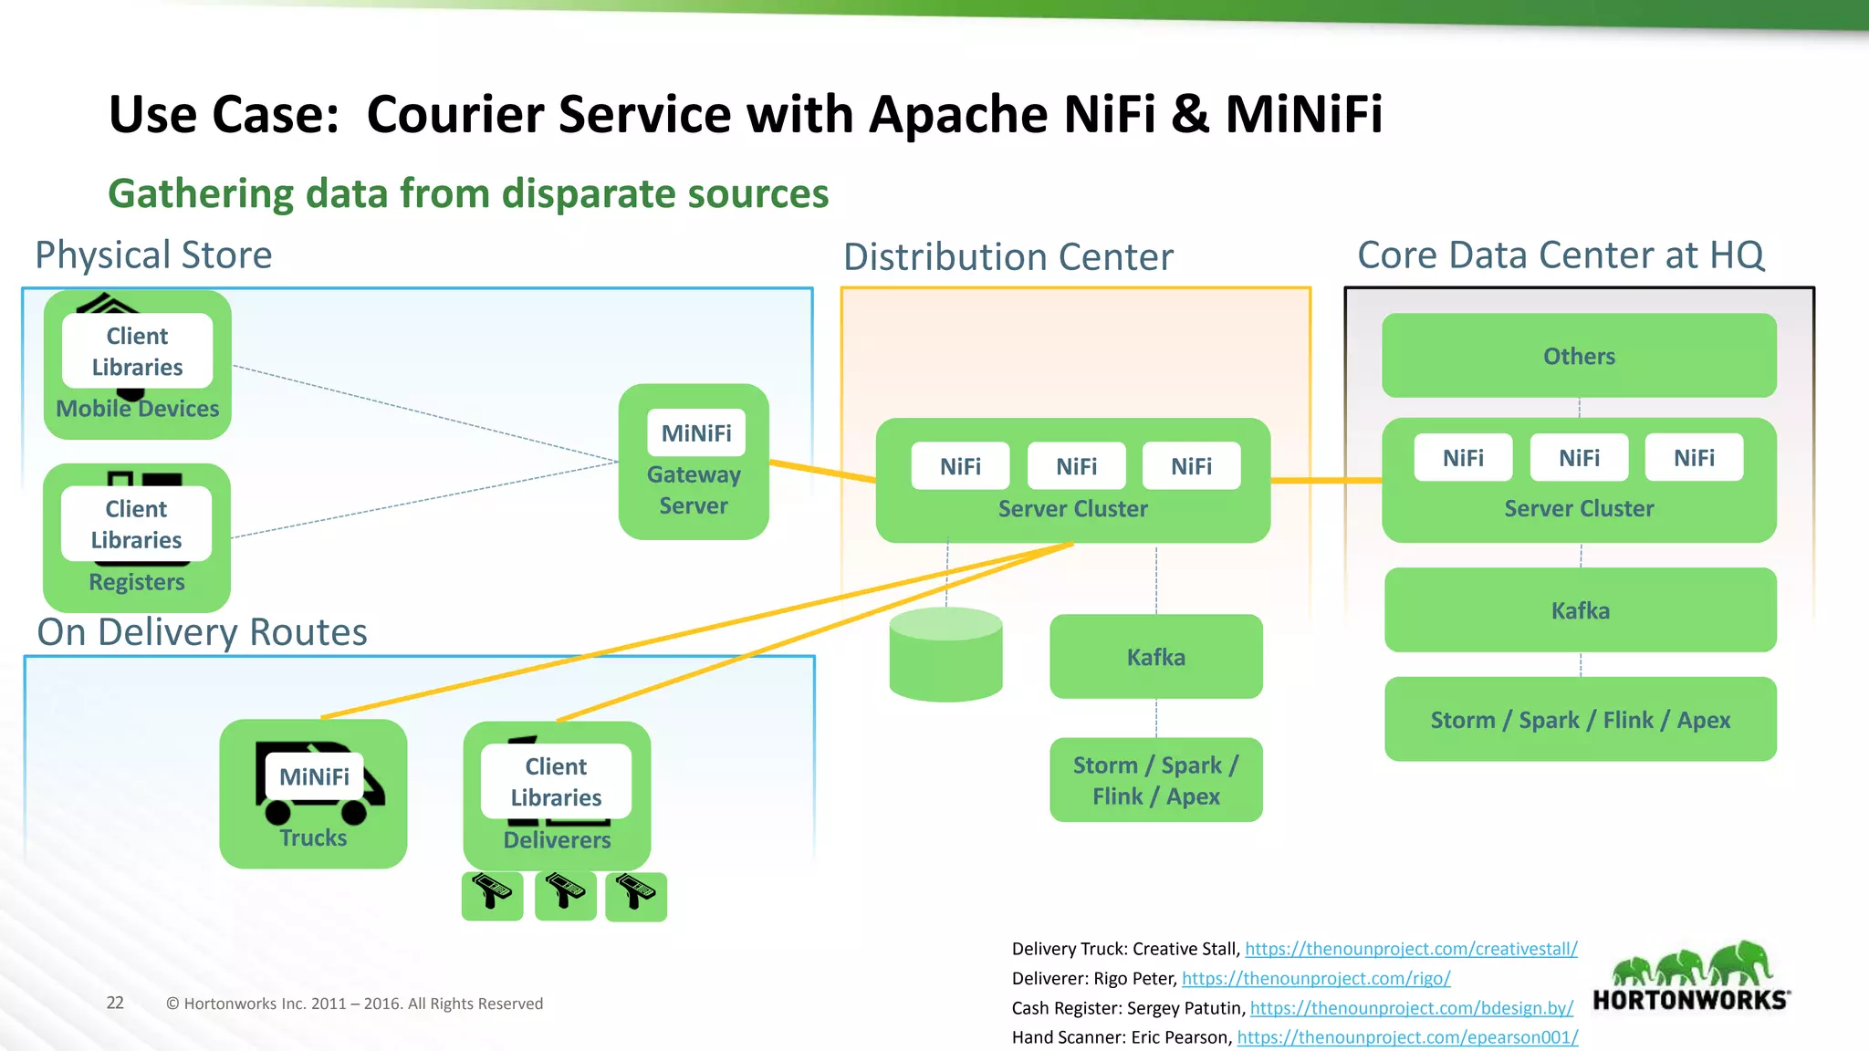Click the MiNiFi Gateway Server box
[694, 462]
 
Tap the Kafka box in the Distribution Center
[1155, 657]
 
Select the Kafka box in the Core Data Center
[1580, 610]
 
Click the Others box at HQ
[1579, 356]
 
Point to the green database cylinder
[945, 657]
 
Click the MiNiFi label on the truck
[314, 776]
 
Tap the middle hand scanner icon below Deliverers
[565, 894]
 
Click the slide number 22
[115, 1003]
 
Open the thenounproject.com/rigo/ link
[1315, 979]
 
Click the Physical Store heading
[153, 255]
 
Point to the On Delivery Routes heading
[202, 632]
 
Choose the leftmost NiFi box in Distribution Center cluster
[960, 466]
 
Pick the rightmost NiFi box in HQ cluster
[1694, 458]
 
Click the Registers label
[137, 582]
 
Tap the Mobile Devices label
[138, 409]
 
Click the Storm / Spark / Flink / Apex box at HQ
[1580, 720]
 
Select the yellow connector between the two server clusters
[1325, 480]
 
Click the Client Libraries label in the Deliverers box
[556, 782]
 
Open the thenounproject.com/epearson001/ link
[1406, 1037]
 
